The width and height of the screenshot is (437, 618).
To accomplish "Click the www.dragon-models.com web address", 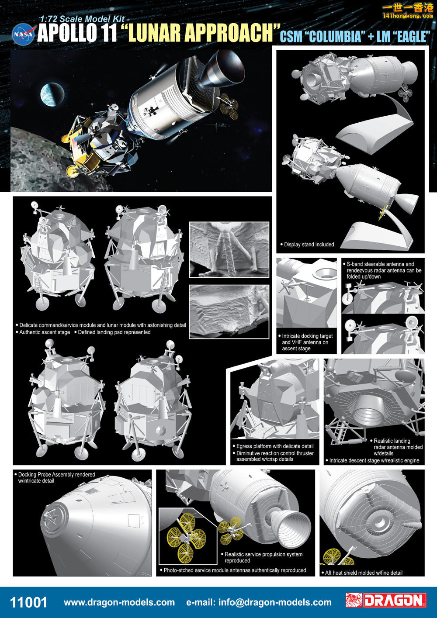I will coord(119,603).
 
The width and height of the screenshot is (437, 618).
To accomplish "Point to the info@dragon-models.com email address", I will coord(259,603).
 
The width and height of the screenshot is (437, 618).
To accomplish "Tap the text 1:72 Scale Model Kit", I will coord(82,19).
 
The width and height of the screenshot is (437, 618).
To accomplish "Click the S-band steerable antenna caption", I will coord(382,270).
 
